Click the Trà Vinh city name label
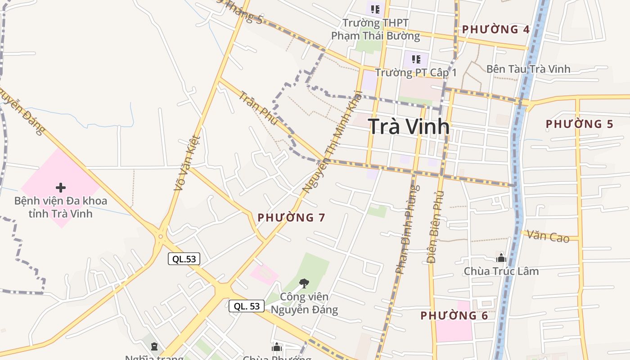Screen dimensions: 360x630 click(x=409, y=126)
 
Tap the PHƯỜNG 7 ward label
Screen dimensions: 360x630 click(x=291, y=218)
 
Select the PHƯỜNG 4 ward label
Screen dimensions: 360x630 click(x=496, y=30)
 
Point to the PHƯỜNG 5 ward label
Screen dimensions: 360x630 click(x=580, y=124)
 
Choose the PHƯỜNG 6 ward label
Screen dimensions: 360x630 click(x=454, y=315)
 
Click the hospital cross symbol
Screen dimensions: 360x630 click(x=61, y=188)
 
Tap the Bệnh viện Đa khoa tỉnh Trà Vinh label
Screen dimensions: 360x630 click(x=61, y=207)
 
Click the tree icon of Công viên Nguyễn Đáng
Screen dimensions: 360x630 click(x=304, y=283)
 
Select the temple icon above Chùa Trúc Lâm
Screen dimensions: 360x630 click(x=501, y=258)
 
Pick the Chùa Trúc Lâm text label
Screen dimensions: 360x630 click(x=501, y=271)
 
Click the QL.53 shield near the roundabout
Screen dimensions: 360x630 click(x=184, y=259)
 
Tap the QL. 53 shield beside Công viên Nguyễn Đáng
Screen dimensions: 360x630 click(x=247, y=306)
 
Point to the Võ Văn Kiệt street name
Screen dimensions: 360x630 click(x=187, y=162)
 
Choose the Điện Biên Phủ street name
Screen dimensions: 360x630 click(x=435, y=227)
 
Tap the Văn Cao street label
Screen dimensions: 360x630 click(x=548, y=235)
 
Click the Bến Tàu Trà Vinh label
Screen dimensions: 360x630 click(x=528, y=69)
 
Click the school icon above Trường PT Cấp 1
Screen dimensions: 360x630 click(x=416, y=59)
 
